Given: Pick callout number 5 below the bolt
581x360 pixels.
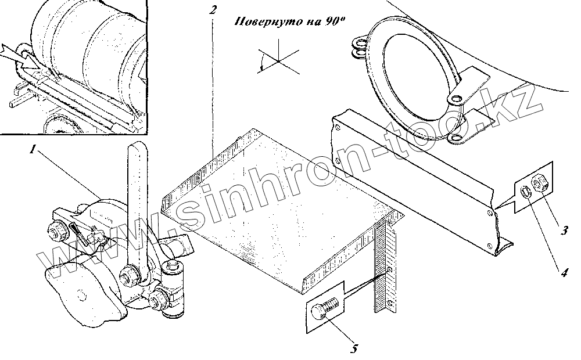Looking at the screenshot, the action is pos(354,348).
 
